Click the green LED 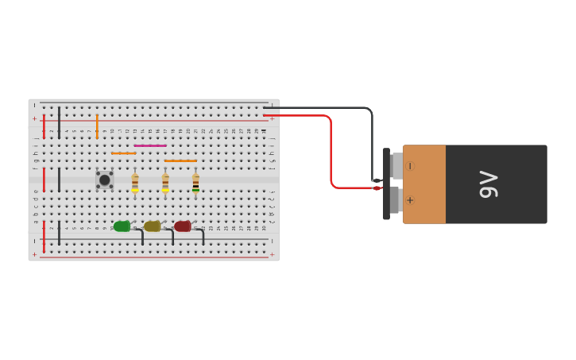pyautogui.click(x=122, y=226)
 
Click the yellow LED pyautogui.click(x=152, y=226)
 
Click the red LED pyautogui.click(x=183, y=226)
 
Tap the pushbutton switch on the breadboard pyautogui.click(x=104, y=180)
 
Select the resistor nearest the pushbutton pyautogui.click(x=135, y=183)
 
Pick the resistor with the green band pyautogui.click(x=195, y=184)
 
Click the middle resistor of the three pyautogui.click(x=165, y=183)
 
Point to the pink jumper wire pyautogui.click(x=150, y=145)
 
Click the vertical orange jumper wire pyautogui.click(x=97, y=126)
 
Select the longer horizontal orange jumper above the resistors pyautogui.click(x=180, y=161)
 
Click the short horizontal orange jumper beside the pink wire pyautogui.click(x=123, y=153)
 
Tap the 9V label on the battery pyautogui.click(x=488, y=184)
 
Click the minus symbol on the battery pyautogui.click(x=410, y=166)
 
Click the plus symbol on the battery pyautogui.click(x=410, y=200)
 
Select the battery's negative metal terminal pyautogui.click(x=396, y=166)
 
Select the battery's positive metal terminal pyautogui.click(x=395, y=199)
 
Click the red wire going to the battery pyautogui.click(x=331, y=151)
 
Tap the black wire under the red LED pyautogui.click(x=203, y=236)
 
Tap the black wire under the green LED pyautogui.click(x=141, y=236)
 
